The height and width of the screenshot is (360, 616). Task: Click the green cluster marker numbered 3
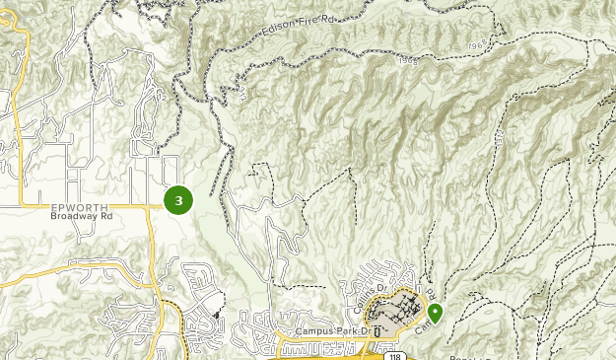coord(178,200)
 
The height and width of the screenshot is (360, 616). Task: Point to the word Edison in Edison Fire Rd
coord(282,31)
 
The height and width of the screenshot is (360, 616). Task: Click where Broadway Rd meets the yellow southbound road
coord(149,207)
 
